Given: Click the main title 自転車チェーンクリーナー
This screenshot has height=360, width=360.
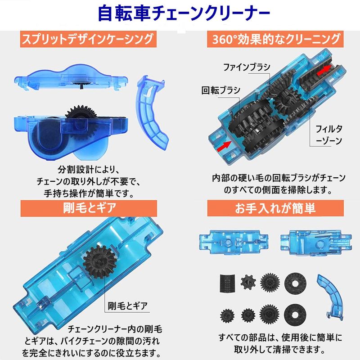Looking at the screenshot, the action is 184,14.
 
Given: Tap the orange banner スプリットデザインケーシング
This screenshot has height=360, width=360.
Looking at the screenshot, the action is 88,39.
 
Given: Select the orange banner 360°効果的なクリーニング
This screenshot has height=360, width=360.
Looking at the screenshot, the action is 275,39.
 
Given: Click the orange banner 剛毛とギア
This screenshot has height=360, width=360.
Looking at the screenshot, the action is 89,208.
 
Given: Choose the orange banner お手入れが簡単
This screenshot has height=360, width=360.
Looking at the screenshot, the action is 275,208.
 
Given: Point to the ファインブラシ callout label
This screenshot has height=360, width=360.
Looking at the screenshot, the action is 247,67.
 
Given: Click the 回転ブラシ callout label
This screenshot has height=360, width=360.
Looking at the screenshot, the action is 220,90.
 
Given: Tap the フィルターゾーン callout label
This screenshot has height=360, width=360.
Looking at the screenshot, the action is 329,135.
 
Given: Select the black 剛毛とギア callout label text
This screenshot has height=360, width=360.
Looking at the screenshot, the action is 127,306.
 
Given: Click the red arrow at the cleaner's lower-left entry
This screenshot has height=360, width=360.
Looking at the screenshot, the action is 224,146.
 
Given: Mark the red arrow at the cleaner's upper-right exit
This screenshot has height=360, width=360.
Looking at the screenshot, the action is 324,70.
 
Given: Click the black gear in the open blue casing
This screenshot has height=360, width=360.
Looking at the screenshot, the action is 100,262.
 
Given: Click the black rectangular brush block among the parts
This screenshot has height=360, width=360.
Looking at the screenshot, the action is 227,283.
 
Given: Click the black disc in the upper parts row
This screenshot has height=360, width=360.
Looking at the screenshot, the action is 295,283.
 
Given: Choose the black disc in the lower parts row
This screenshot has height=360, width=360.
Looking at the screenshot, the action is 295,314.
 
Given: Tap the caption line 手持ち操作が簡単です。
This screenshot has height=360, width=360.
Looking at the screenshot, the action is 89,193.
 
